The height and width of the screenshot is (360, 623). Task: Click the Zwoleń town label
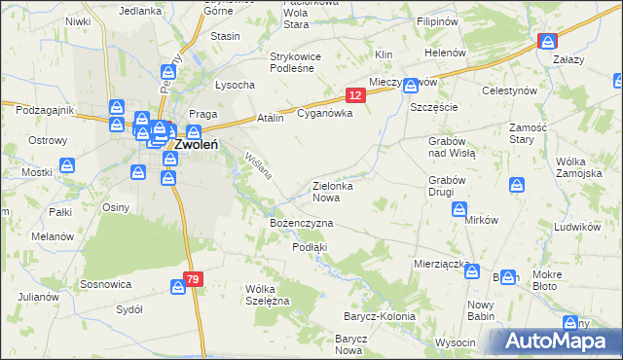[x=194, y=145]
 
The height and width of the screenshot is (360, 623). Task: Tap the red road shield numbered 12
[x=355, y=94]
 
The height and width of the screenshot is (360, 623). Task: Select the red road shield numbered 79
[x=193, y=280]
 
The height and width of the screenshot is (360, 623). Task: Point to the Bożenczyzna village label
[x=302, y=224]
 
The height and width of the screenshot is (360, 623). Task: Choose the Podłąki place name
[x=310, y=247]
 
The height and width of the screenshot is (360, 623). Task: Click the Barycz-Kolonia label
[x=379, y=317]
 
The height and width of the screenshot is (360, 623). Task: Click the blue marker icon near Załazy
[x=547, y=42]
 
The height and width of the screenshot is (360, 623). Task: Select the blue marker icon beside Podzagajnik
[x=116, y=108]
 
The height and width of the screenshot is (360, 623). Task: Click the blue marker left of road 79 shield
[x=178, y=286]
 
